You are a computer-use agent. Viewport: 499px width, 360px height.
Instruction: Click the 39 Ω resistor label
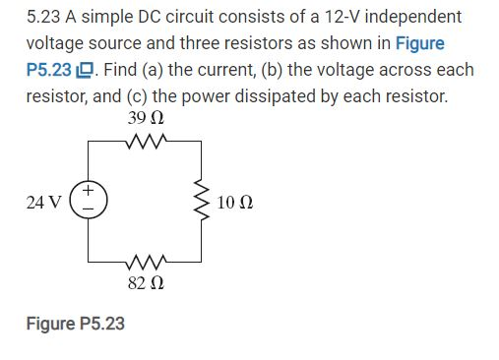146,119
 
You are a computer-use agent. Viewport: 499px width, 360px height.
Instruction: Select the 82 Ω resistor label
146,283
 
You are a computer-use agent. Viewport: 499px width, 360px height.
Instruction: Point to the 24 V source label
44,203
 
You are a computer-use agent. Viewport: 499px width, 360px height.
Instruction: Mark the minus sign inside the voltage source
89,210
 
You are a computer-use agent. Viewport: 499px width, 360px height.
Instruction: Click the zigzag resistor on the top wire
145,141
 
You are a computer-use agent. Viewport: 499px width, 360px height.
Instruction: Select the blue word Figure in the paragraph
419,44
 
